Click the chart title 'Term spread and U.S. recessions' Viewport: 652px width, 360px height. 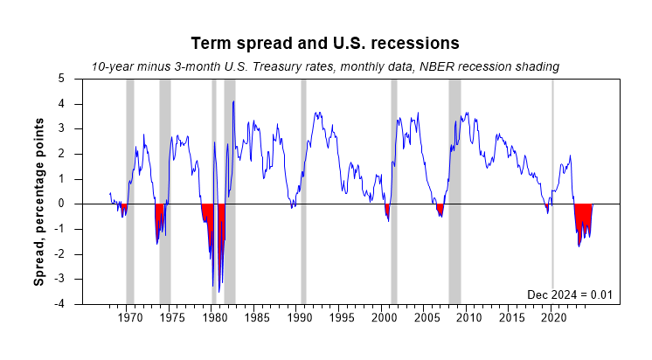pyautogui.click(x=325, y=43)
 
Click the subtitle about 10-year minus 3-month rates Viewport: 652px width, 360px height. pyautogui.click(x=325, y=66)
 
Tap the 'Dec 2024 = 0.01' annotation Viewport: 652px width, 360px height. pyautogui.click(x=573, y=294)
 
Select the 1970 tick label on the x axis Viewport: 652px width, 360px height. pyautogui.click(x=129, y=318)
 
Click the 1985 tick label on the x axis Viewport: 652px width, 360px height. pyautogui.click(x=257, y=318)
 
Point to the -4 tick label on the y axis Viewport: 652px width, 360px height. pyautogui.click(x=59, y=304)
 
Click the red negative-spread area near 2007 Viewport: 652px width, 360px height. pyautogui.click(x=440, y=209)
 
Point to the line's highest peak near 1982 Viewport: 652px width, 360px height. pyautogui.click(x=233, y=101)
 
